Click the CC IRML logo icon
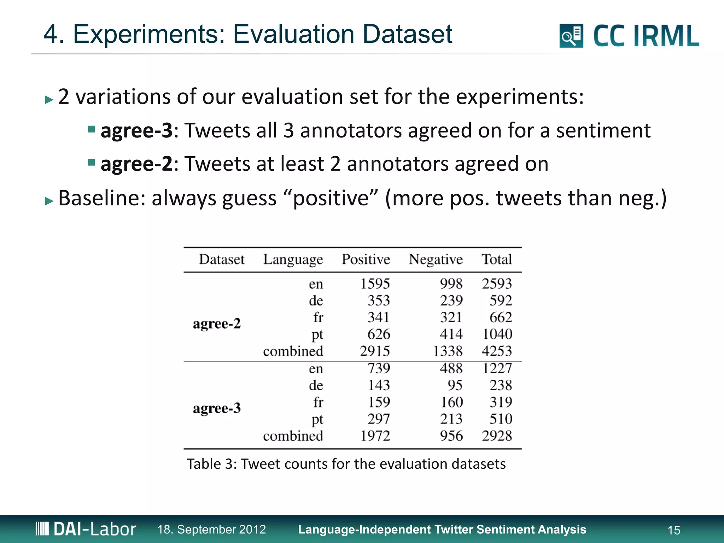point(571,36)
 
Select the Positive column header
point(366,259)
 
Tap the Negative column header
point(436,259)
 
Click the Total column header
point(497,259)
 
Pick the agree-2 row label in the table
point(217,323)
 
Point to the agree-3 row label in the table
point(217,408)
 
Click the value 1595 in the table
point(375,284)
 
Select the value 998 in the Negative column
point(451,284)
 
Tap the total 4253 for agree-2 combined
point(497,351)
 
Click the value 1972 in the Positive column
point(375,436)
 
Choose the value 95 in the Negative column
point(455,385)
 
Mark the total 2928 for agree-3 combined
point(497,436)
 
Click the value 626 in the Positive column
point(379,334)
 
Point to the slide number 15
point(674,530)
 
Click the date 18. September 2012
point(211,529)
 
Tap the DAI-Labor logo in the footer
point(86,529)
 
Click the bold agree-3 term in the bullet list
point(136,130)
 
